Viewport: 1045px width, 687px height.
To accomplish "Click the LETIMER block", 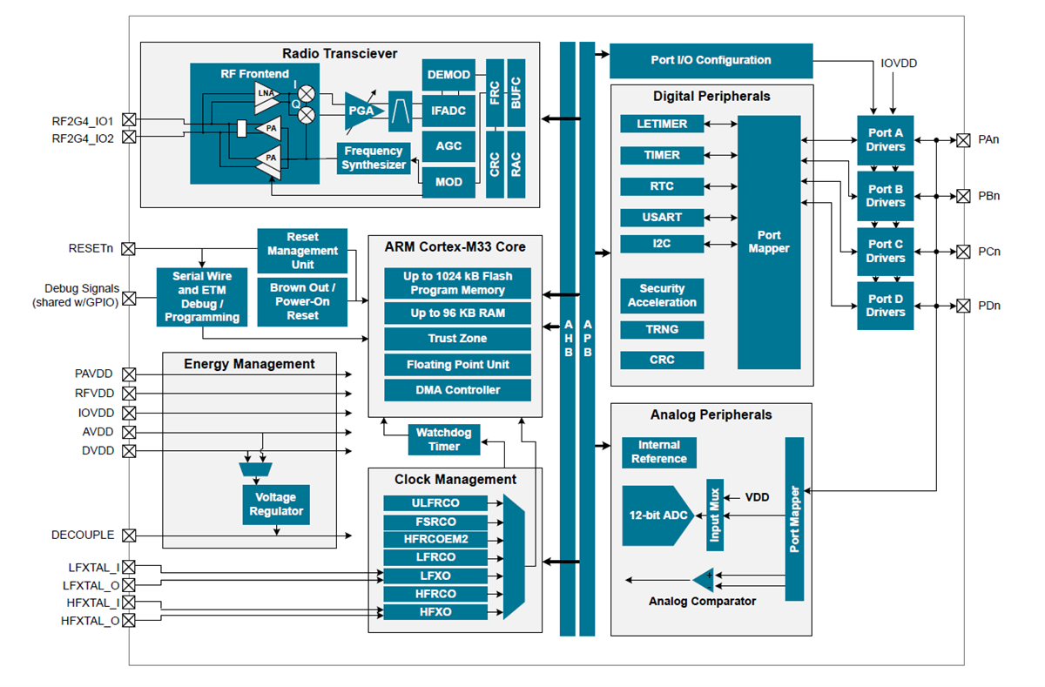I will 662,124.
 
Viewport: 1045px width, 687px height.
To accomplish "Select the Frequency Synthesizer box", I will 374,158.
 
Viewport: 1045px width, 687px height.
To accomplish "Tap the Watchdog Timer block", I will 444,440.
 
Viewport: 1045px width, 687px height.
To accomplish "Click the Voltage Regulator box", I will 276,504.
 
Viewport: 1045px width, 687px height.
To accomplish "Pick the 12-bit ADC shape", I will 656,515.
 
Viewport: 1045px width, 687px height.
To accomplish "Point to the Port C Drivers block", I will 885,251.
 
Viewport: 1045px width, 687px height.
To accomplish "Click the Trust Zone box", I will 457,339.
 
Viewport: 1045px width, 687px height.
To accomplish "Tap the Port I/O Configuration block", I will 711,61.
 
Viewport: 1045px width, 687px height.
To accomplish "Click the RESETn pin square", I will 129,249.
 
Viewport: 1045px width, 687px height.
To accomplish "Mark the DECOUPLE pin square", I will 129,535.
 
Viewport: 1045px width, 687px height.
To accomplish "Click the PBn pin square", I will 963,196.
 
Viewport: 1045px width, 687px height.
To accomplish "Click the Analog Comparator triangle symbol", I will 703,579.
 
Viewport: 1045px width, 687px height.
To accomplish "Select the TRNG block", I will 662,330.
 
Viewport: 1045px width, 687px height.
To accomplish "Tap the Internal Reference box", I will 659,452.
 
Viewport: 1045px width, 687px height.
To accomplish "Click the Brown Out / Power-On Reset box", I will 302,301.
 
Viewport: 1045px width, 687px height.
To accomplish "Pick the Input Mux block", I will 714,515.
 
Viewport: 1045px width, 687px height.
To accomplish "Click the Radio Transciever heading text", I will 340,54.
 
